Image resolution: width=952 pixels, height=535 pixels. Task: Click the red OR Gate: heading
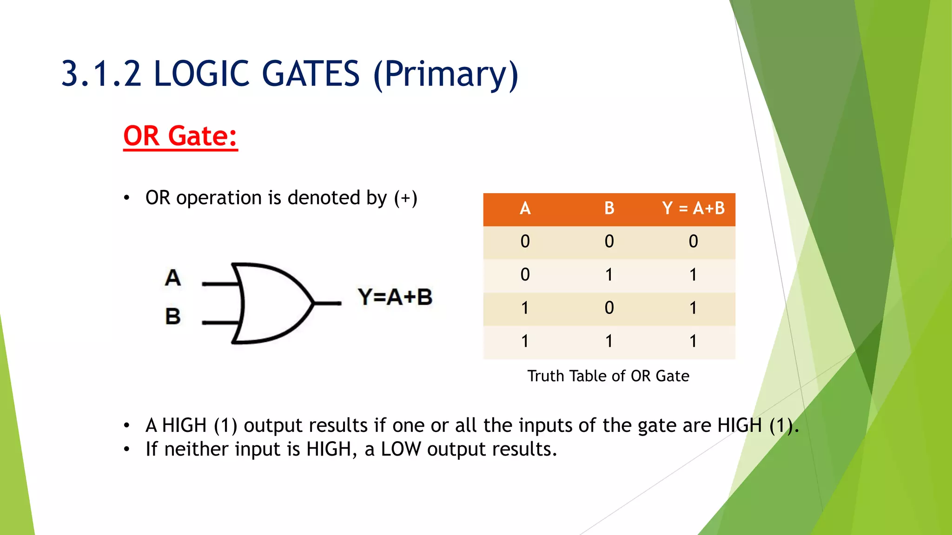[180, 136]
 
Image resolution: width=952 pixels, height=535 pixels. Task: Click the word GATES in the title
[311, 74]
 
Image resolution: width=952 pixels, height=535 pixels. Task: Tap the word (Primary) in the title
[445, 75]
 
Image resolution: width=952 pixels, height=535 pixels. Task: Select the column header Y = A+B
[693, 208]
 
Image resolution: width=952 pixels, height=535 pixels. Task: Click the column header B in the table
[609, 208]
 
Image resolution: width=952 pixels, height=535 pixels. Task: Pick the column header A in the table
[525, 208]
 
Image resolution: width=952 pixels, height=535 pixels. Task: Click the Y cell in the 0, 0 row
[693, 241]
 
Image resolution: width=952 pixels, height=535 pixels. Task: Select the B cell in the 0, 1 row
[609, 275]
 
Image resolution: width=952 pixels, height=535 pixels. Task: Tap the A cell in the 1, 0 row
[525, 308]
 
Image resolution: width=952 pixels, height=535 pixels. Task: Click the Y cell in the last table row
[693, 341]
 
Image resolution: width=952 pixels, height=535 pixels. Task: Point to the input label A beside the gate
[172, 278]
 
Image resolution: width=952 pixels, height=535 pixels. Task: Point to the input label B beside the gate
[172, 317]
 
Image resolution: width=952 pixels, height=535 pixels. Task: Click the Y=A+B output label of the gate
[395, 297]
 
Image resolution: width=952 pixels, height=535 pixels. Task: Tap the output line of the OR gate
[328, 303]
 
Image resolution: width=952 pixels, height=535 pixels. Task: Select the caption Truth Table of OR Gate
[608, 376]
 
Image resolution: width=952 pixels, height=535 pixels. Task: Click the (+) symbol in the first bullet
[405, 198]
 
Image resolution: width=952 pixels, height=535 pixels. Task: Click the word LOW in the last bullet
[401, 449]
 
